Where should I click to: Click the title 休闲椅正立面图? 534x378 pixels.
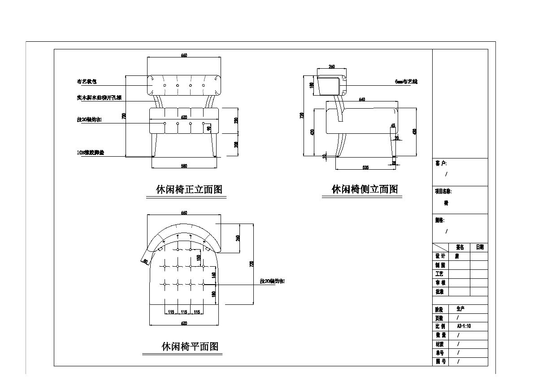[189, 189]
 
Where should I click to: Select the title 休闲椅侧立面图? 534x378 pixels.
[365, 189]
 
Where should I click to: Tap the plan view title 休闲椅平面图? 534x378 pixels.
[190, 347]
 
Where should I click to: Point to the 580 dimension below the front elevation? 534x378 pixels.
[184, 166]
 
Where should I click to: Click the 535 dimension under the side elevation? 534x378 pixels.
[365, 167]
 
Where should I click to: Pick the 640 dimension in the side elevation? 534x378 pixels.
[362, 100]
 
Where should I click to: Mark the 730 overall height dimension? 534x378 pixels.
[124, 116]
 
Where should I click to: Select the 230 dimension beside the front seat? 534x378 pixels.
[236, 120]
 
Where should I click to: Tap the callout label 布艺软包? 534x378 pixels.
[87, 82]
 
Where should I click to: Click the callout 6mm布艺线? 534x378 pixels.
[406, 82]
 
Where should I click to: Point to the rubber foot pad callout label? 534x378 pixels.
[90, 153]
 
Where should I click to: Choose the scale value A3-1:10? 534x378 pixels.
[464, 326]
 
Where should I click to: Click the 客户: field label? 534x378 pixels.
[441, 164]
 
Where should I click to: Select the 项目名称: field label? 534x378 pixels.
[443, 191]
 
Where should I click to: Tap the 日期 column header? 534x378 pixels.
[479, 247]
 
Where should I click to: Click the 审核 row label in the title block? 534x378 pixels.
[440, 282]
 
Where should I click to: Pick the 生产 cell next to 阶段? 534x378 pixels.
[460, 309]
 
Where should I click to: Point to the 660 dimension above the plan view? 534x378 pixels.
[184, 213]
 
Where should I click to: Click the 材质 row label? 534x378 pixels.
[440, 344]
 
